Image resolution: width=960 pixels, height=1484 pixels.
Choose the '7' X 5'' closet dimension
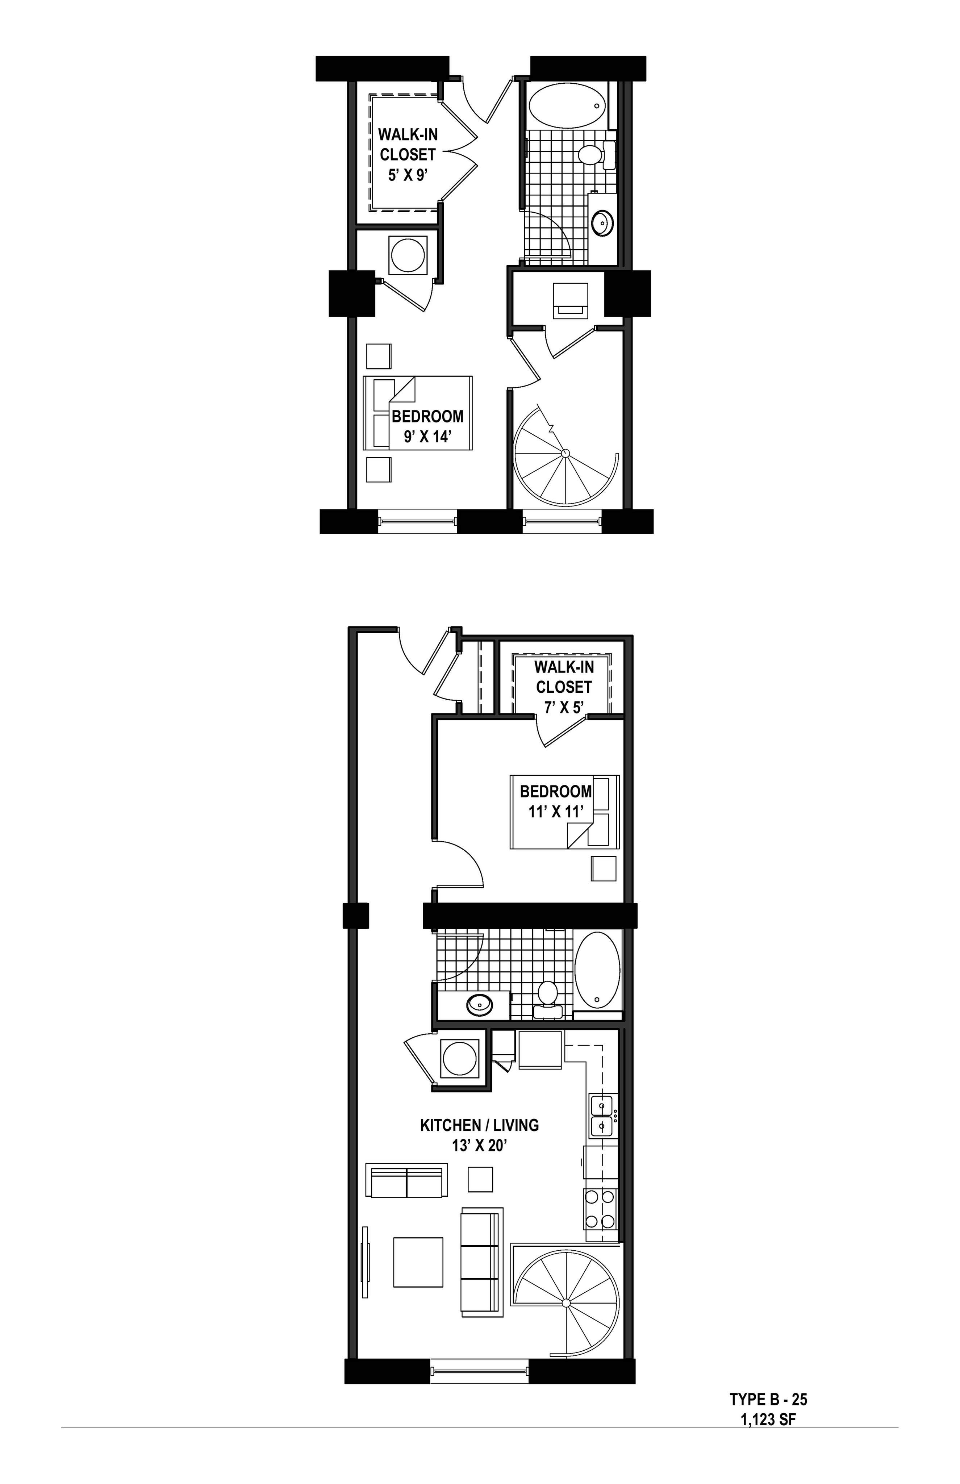click(x=564, y=707)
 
